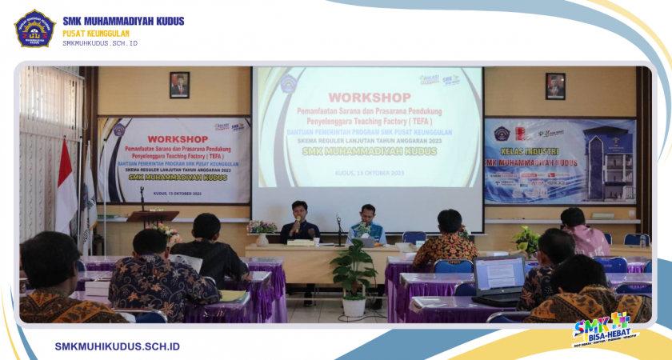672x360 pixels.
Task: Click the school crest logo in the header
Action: click(34, 28)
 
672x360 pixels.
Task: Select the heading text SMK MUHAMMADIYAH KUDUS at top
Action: click(123, 21)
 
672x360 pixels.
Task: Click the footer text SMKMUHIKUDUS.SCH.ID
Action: click(117, 346)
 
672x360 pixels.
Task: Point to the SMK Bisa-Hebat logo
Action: click(601, 329)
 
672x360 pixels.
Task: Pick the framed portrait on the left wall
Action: click(179, 85)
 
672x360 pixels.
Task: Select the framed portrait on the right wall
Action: click(555, 86)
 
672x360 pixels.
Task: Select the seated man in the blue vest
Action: click(367, 226)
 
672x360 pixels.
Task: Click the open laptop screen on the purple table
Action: click(498, 274)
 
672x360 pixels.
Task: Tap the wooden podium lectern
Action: click(151, 217)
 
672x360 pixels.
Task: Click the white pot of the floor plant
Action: click(353, 306)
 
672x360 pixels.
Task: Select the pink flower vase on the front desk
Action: click(261, 231)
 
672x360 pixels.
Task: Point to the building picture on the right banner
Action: click(610, 160)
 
